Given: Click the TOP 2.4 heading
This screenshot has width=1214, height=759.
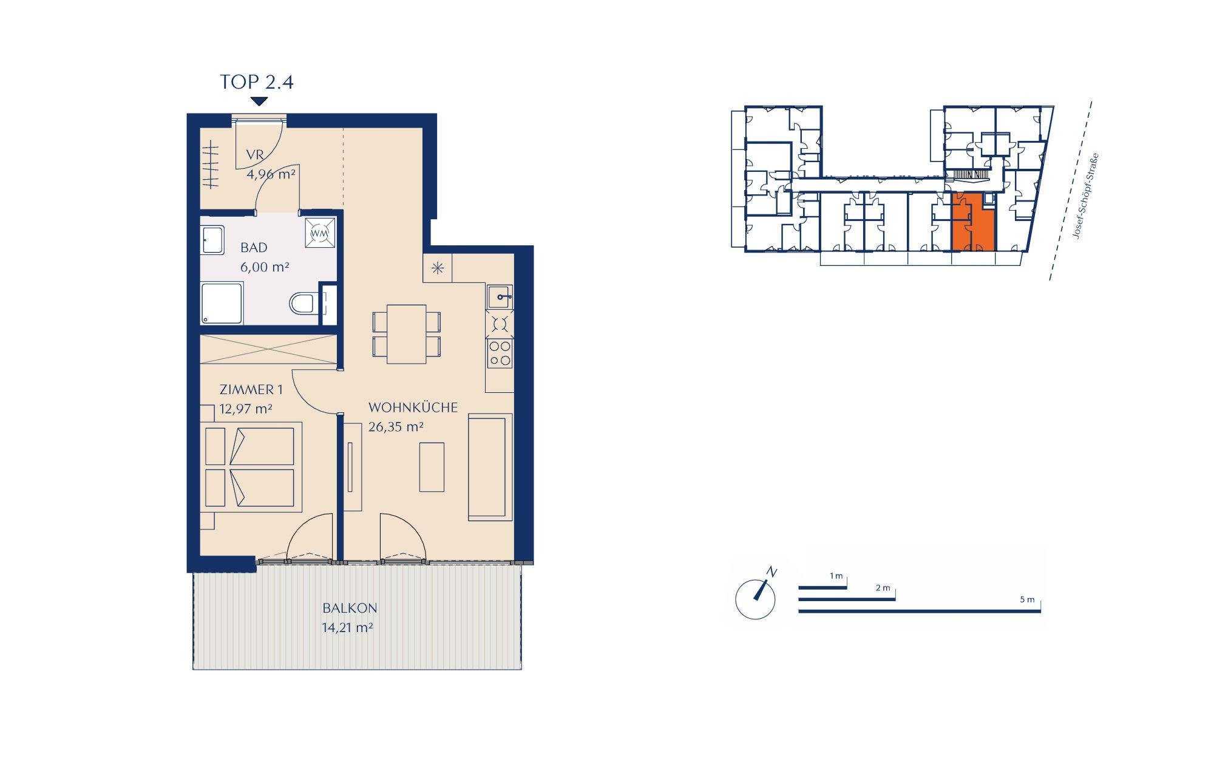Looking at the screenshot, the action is coord(257,82).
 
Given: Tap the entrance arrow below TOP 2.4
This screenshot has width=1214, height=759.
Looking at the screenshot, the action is coord(259,101).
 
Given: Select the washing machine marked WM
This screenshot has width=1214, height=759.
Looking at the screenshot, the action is coord(320,233).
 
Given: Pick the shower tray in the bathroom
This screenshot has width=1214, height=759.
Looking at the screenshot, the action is coord(222,303).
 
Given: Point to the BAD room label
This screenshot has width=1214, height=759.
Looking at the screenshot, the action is coord(254,248).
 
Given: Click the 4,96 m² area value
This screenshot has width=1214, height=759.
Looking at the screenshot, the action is coord(271,174).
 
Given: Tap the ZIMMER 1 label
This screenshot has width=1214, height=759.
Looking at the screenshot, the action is coord(251,390).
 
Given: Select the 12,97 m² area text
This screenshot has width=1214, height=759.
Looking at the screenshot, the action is coord(246,409).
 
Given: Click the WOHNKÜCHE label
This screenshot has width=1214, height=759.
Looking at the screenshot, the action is coord(413,407).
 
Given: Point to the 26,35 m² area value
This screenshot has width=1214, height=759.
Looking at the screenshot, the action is coord(396,427).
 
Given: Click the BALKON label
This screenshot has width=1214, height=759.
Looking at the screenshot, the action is coord(350,608).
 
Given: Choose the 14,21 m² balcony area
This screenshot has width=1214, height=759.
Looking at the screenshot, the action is coord(347,627).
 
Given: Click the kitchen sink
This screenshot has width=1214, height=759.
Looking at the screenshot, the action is coord(500,297).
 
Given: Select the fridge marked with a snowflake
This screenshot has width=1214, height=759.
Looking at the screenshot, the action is coord(438,268).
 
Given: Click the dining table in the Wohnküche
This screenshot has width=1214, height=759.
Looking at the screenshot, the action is coord(407,334).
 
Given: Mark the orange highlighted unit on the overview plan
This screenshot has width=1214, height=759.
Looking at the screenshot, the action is coord(972,222).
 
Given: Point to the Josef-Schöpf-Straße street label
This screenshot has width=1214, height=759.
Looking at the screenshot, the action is coord(1086,196).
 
